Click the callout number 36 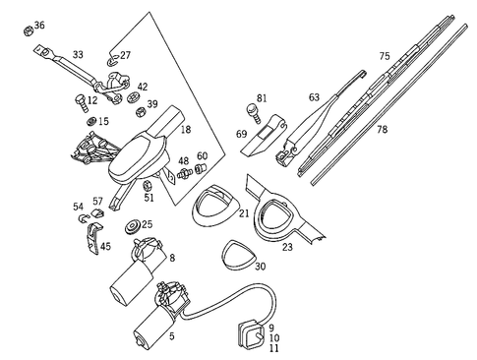[38, 25]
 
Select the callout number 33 [78, 54]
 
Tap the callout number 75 [385, 56]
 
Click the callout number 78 [382, 130]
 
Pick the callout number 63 [314, 97]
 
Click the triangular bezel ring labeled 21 [215, 206]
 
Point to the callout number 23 [287, 247]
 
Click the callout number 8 [171, 258]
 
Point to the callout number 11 [273, 348]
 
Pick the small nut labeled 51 [147, 185]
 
